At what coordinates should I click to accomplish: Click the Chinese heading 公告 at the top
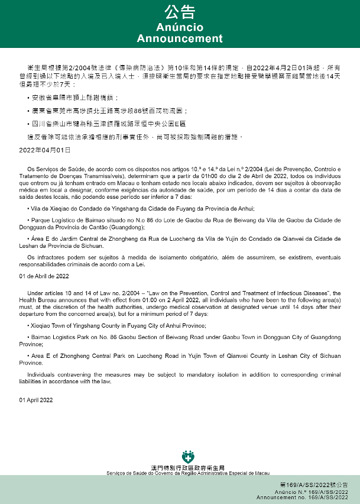[180, 13]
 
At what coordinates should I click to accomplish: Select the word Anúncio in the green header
[180, 28]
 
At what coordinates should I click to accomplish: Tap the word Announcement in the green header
[180, 38]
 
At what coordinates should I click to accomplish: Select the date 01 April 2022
[36, 400]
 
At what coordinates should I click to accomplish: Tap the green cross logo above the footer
[189, 457]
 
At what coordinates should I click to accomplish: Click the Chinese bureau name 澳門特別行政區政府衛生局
[189, 468]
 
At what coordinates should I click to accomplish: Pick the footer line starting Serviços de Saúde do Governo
[189, 474]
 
